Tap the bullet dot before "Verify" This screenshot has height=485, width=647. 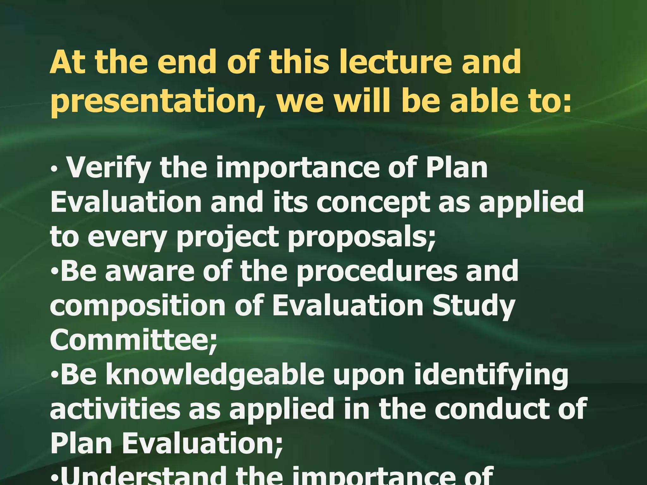coord(54,170)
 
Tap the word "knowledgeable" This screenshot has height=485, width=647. coord(215,376)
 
